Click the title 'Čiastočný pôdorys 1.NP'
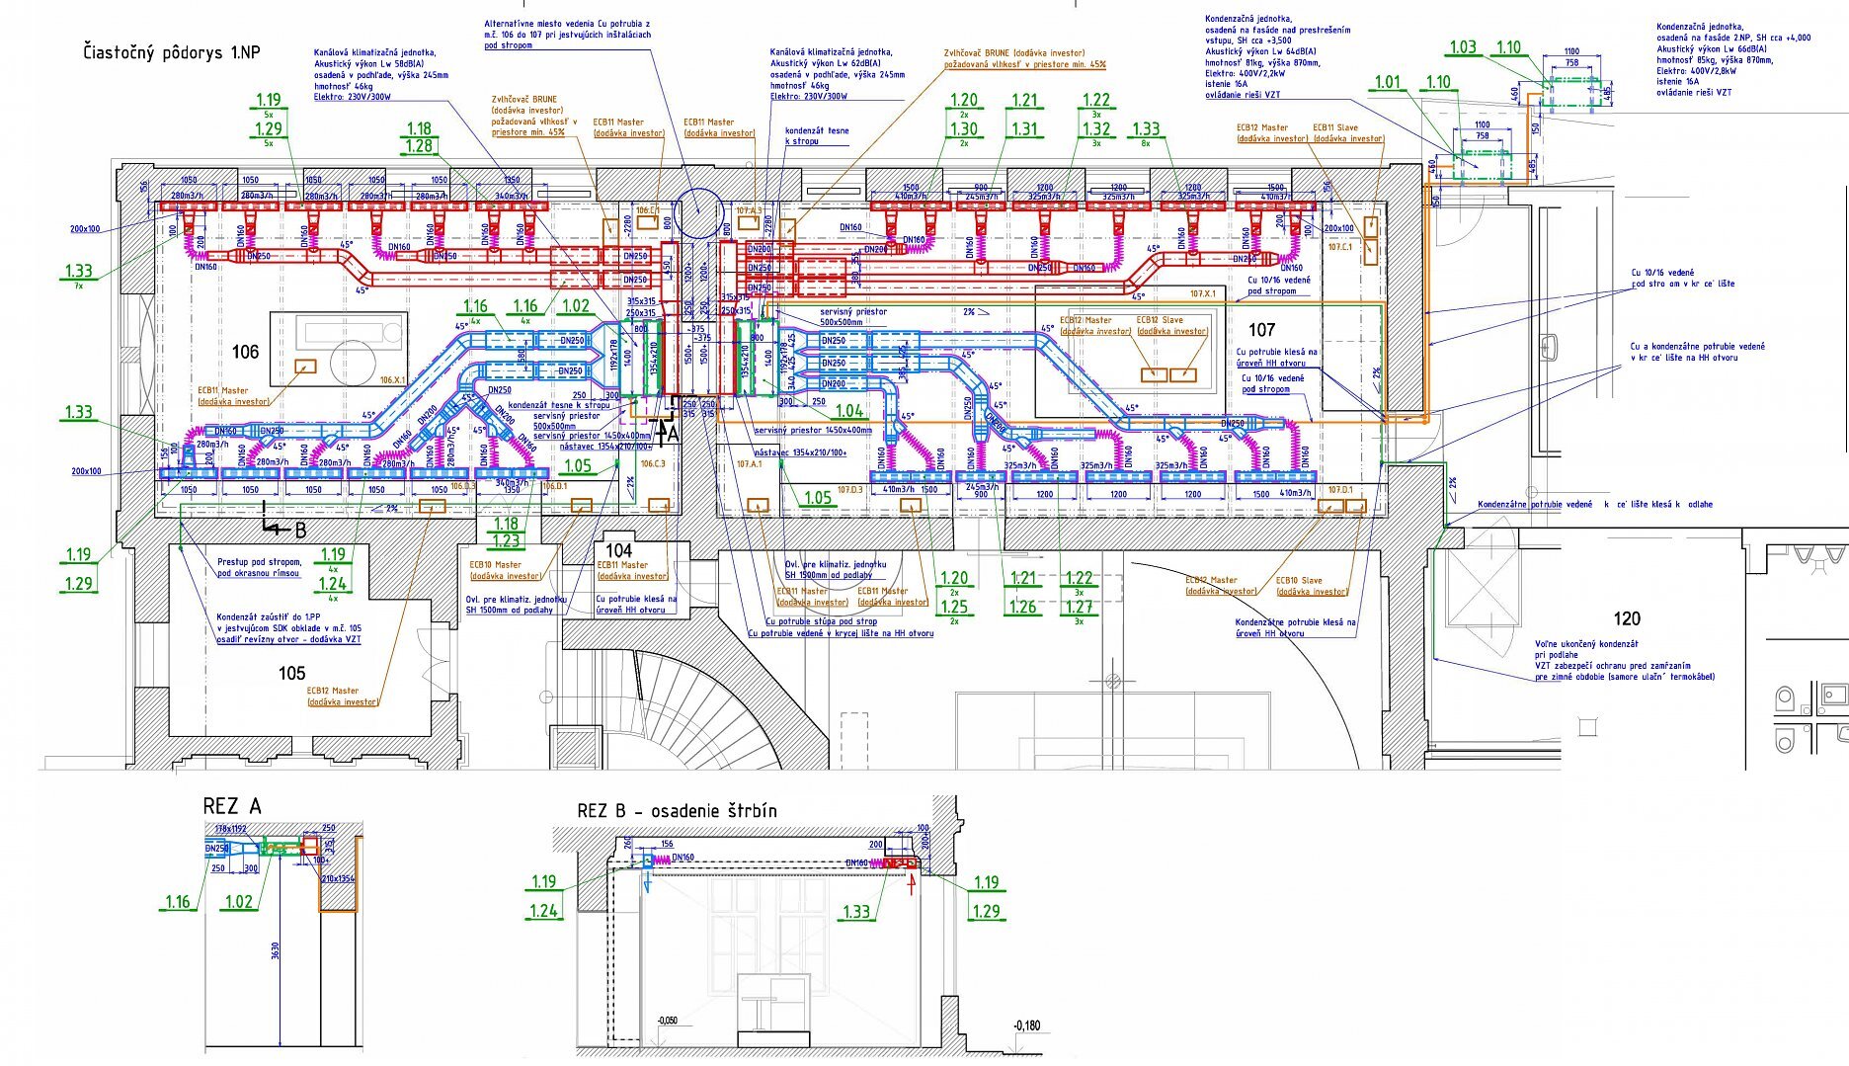click(x=172, y=52)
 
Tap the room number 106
click(x=245, y=352)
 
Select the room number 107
click(x=1261, y=330)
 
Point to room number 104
click(x=618, y=550)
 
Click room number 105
click(x=291, y=673)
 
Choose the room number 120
click(x=1626, y=618)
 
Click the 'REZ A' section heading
click(x=232, y=806)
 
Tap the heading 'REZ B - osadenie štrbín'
click(x=677, y=811)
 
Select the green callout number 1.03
click(x=1462, y=47)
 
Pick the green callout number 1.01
click(x=1388, y=82)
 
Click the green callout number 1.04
click(x=849, y=411)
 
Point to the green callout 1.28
click(x=419, y=146)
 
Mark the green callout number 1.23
click(x=506, y=540)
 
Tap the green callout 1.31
click(x=1025, y=128)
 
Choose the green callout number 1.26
click(x=1022, y=607)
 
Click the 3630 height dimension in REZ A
click(x=276, y=950)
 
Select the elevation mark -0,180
click(x=1026, y=1025)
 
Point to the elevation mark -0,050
click(x=668, y=1021)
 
